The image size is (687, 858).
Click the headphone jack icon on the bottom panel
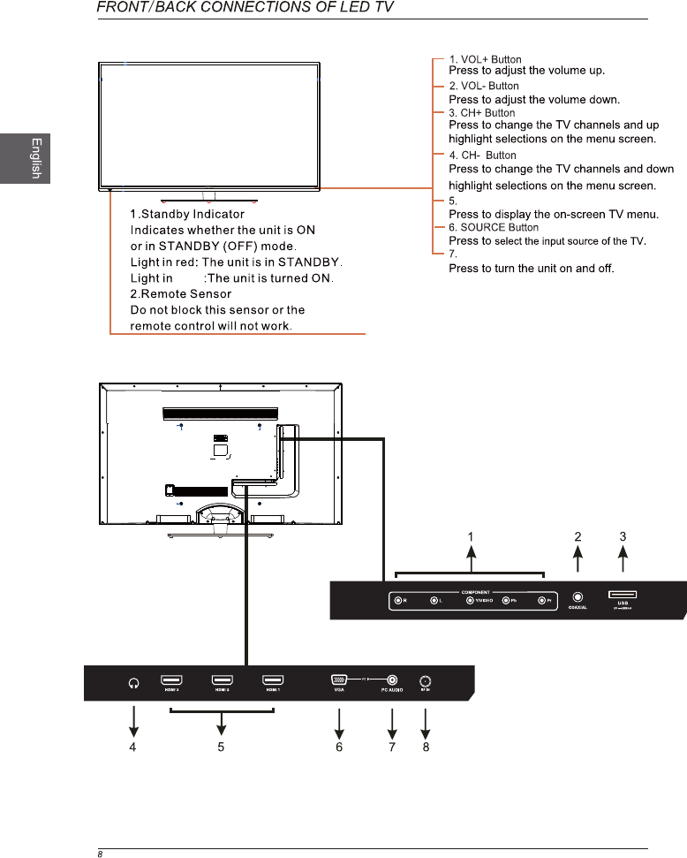(x=133, y=682)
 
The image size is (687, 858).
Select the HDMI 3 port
(x=171, y=681)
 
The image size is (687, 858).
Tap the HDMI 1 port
(x=273, y=681)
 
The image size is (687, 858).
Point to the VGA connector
(x=338, y=680)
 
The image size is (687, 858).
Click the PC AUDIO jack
(x=392, y=680)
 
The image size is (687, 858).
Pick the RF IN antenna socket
(x=426, y=681)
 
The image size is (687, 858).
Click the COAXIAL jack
(x=578, y=598)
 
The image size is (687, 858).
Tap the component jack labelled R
(x=398, y=602)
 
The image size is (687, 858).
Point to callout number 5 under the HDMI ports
(x=221, y=747)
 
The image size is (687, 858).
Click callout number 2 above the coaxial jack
(x=578, y=536)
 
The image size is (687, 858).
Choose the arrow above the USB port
(x=623, y=560)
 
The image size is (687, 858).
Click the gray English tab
(x=25, y=158)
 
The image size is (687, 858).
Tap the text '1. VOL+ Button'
(x=485, y=60)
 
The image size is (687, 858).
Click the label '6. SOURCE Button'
(x=494, y=228)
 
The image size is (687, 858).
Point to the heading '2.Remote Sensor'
(x=180, y=293)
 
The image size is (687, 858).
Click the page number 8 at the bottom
(x=101, y=854)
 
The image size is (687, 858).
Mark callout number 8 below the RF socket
(x=426, y=747)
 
